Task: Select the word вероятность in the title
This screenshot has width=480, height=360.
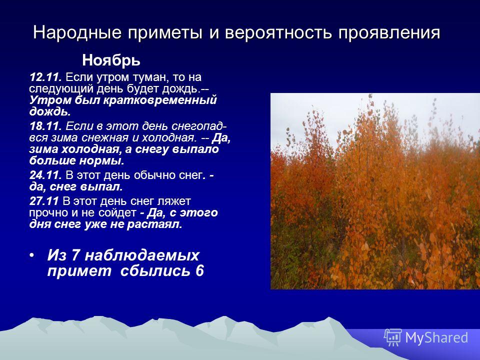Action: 278,33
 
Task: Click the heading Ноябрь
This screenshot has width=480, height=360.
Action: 111,60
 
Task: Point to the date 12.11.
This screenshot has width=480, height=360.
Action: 46,77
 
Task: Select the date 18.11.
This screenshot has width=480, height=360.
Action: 46,126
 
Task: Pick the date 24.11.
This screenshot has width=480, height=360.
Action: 46,175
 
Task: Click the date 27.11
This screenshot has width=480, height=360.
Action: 44,201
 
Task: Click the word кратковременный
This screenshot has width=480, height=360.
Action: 160,100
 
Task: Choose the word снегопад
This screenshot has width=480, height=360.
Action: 199,126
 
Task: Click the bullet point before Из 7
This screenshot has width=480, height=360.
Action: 32,255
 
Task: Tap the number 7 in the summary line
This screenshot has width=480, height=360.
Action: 75,255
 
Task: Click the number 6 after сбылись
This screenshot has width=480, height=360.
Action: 199,271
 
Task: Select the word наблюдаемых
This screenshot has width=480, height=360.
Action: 142,255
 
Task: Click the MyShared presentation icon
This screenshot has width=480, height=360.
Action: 393,337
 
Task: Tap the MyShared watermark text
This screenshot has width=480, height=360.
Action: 436,337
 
